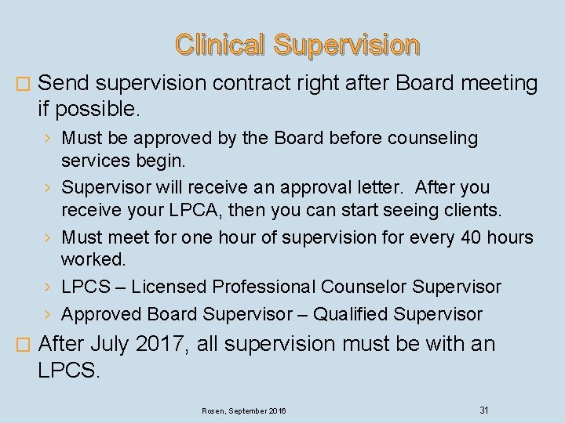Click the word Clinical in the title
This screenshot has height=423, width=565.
coord(220,45)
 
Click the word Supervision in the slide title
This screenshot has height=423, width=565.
coord(346,45)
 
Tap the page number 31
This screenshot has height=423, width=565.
coord(484,410)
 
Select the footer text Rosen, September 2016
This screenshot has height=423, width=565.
coord(244,410)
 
